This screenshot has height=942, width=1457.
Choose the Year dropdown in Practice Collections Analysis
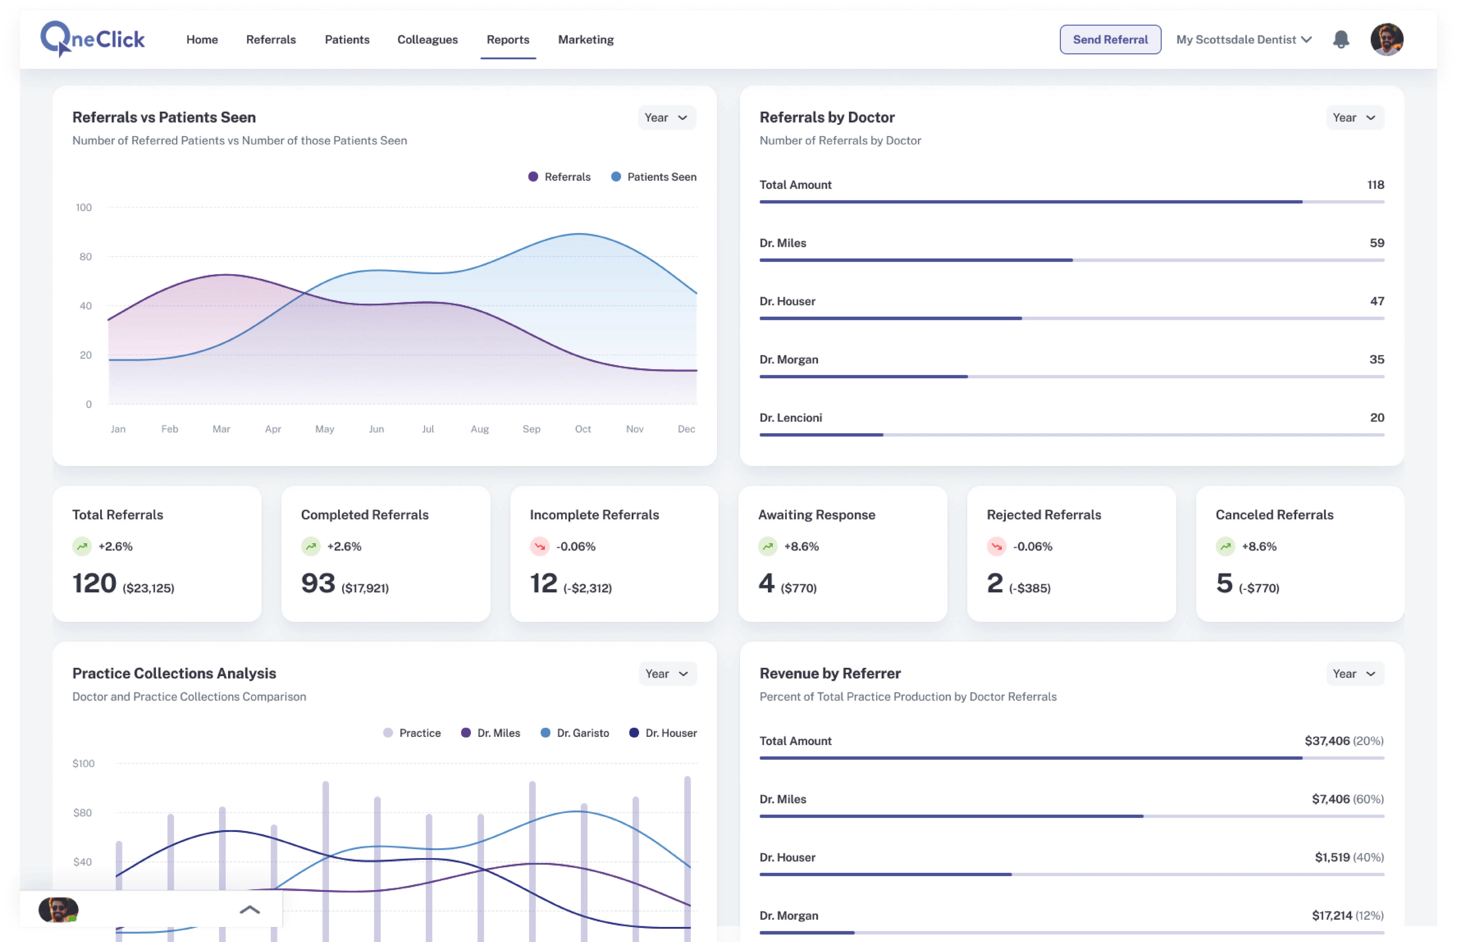[667, 673]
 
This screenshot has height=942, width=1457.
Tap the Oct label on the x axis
[582, 429]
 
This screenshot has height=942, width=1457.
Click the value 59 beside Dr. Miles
[1376, 243]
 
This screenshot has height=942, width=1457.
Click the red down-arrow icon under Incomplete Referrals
[539, 546]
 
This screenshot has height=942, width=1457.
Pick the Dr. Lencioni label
[790, 418]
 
